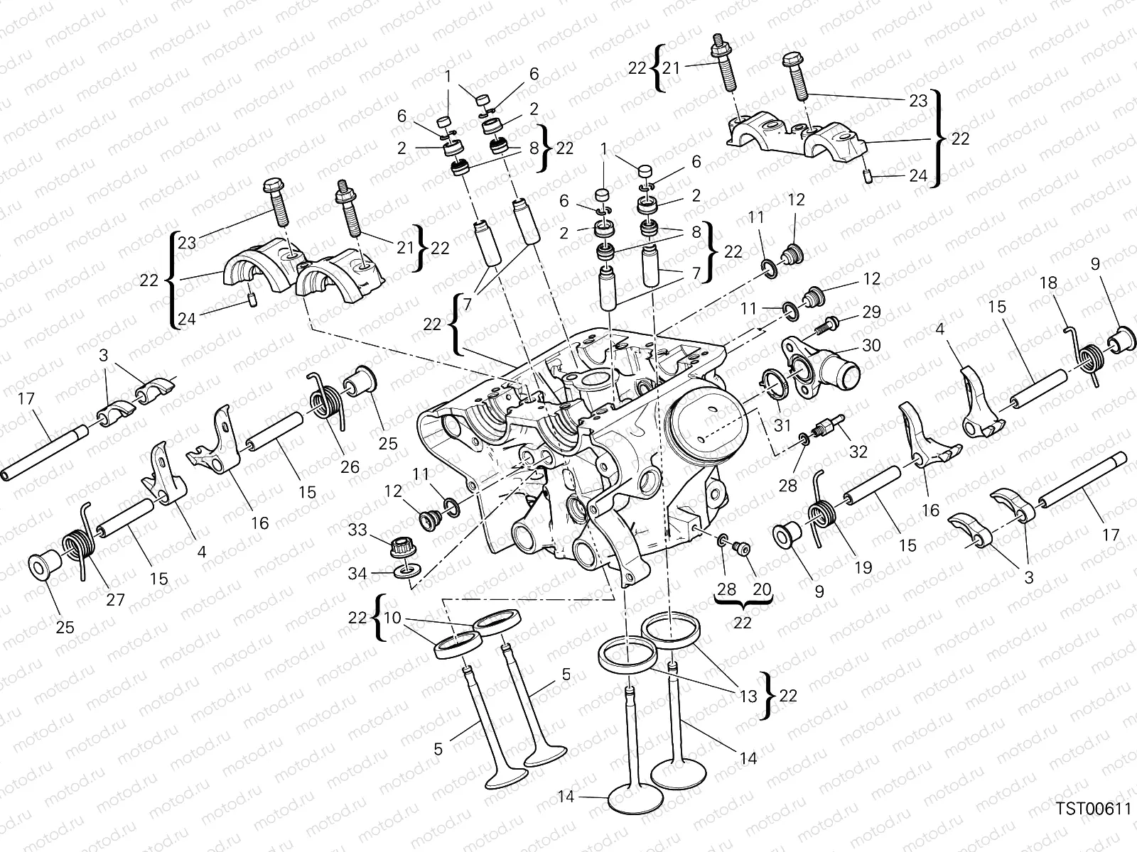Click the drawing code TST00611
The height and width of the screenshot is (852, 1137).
[1092, 809]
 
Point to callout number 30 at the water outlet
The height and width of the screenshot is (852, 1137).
[871, 345]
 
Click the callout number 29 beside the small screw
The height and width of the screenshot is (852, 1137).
[871, 312]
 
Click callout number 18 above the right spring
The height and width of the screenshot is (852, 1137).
[1048, 283]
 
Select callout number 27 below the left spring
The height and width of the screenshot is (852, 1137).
[115, 600]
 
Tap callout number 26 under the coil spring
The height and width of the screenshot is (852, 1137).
[350, 466]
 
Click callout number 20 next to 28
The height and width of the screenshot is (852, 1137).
[761, 589]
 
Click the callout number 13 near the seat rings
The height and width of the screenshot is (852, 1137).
[748, 697]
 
